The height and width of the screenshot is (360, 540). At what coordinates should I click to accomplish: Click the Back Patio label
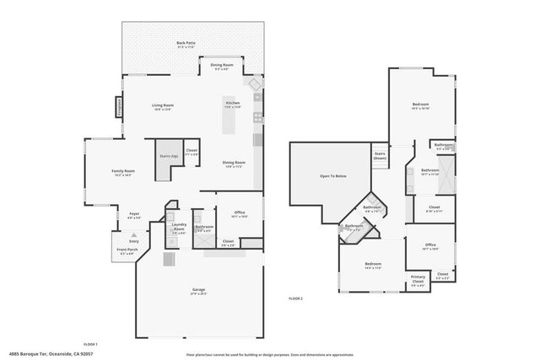pos(181,43)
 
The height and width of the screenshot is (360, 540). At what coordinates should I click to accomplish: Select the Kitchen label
pos(232,104)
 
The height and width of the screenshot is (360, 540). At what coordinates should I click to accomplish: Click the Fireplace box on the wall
pos(119,106)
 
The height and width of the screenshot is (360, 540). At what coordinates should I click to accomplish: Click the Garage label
pos(198,290)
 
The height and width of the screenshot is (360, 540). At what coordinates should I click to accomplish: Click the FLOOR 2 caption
pos(295,298)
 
